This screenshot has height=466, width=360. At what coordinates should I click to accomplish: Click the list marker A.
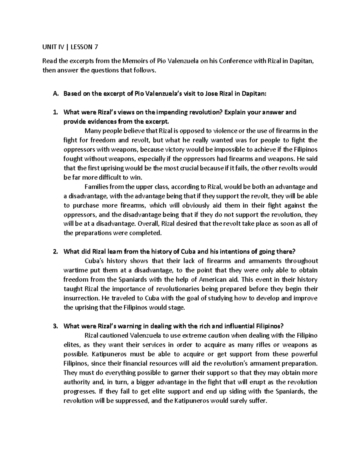[55, 94]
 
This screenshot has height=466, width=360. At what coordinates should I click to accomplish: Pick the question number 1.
[55, 112]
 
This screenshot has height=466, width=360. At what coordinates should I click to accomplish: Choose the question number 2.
[55, 251]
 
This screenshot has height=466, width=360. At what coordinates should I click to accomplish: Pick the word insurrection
[81, 298]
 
